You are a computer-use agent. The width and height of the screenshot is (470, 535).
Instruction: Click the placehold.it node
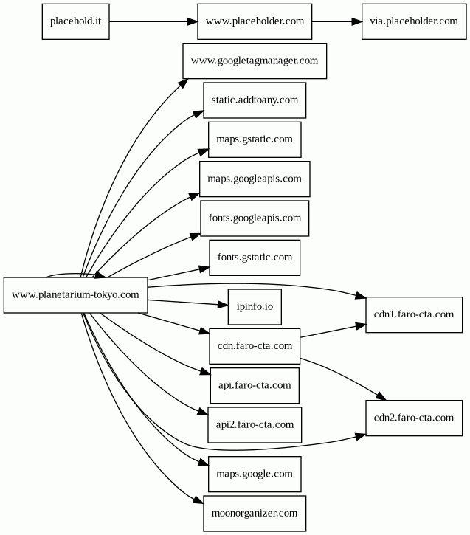76,21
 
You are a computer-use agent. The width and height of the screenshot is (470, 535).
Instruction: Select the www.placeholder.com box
255,21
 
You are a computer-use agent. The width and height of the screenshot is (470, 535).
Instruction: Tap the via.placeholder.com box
414,21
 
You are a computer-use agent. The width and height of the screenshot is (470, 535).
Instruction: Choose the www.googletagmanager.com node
255,61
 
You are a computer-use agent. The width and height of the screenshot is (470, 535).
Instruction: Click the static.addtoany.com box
255,100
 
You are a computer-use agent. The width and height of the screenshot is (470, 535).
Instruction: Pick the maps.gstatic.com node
255,139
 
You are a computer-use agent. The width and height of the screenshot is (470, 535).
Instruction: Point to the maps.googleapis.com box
255,179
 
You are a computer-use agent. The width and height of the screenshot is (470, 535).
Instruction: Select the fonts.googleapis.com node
255,218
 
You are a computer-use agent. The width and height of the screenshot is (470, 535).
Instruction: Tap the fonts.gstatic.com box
255,258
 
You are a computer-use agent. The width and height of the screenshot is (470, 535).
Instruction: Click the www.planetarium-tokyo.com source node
76,295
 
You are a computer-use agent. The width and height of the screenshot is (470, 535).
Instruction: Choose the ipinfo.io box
255,307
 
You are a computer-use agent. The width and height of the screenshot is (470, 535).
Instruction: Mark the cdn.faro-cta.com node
255,346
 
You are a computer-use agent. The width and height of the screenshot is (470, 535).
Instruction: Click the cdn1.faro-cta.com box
414,314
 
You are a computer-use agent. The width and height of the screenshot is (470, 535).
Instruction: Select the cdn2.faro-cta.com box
414,418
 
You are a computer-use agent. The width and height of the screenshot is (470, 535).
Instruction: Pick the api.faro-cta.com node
255,385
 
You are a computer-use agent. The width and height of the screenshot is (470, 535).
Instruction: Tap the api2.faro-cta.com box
255,425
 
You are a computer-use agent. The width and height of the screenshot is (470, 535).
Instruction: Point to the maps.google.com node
255,474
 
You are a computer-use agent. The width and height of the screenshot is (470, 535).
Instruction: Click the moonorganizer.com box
255,514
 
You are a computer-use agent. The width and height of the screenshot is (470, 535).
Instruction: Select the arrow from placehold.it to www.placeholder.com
153,21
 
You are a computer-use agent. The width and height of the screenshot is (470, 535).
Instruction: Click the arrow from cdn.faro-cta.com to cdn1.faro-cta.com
334,331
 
